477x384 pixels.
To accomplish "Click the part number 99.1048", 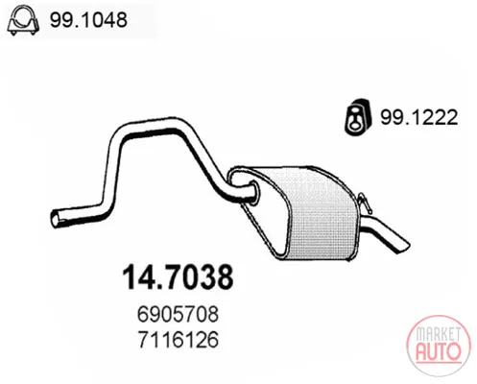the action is [88, 20].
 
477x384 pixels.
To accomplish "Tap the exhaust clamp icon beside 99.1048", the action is [23, 20].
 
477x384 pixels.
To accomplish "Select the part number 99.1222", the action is [418, 117].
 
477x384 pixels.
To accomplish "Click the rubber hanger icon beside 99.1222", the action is [358, 117].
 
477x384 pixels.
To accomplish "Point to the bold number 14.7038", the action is [178, 276].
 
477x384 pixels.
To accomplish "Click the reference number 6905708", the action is [178, 314].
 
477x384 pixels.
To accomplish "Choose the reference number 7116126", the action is [179, 339].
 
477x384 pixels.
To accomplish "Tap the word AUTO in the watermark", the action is [439, 351].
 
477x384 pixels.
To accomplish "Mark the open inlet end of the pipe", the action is [55, 219].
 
